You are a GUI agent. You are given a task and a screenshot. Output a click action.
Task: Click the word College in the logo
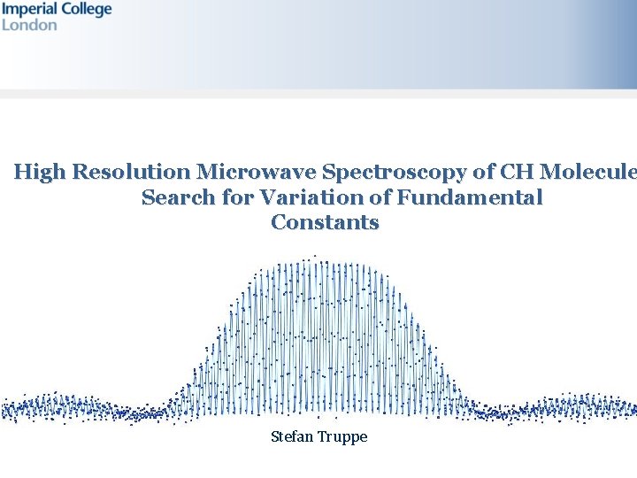[x=85, y=10]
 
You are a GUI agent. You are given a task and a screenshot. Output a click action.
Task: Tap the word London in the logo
[x=29, y=25]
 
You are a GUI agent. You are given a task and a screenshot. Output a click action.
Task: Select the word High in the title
[x=40, y=172]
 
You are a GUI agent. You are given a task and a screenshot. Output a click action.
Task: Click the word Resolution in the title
[x=130, y=172]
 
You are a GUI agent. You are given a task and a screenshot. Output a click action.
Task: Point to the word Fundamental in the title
[x=470, y=197]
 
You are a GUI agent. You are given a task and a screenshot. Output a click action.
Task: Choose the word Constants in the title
[x=325, y=222]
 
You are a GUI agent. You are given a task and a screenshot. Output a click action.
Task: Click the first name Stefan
[x=291, y=436]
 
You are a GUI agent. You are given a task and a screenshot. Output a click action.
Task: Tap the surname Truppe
[x=342, y=436]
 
